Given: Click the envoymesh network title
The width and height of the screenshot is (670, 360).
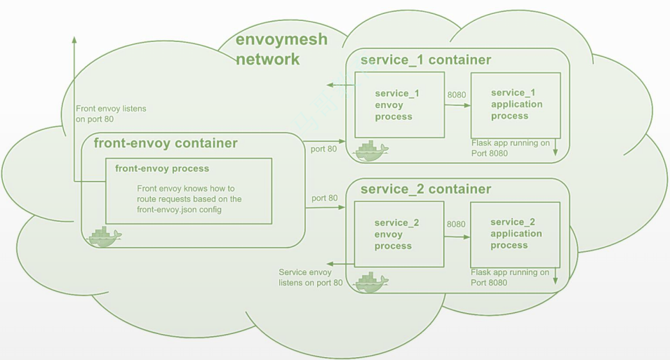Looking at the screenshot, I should click(x=281, y=49).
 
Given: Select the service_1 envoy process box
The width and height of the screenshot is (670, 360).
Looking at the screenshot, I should click(x=398, y=105).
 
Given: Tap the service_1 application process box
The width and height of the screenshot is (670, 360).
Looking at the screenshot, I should click(x=516, y=105).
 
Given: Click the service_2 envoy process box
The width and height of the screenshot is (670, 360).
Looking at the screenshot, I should click(x=398, y=234).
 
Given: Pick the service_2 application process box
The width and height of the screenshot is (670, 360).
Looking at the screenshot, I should click(x=516, y=234).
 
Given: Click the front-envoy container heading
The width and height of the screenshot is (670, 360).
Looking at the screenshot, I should click(x=166, y=144).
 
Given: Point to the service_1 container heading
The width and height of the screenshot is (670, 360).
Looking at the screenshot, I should click(x=425, y=60).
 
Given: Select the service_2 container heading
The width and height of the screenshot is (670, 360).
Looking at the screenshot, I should click(x=425, y=189).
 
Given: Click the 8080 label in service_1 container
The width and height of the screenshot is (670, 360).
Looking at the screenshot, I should click(x=456, y=95).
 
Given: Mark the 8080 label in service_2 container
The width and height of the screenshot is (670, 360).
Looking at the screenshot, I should click(x=456, y=225).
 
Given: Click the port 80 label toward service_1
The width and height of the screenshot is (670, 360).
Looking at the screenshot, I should click(x=323, y=149).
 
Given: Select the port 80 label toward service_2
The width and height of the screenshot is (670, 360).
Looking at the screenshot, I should click(x=323, y=199).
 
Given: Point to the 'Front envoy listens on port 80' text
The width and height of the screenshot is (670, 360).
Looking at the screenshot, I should click(x=111, y=114).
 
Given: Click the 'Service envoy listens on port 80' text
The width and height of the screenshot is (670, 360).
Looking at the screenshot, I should click(x=310, y=277).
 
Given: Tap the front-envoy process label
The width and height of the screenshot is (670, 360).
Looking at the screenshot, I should click(x=162, y=169).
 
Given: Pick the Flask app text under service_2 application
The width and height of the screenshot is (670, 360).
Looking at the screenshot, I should click(x=510, y=277).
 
